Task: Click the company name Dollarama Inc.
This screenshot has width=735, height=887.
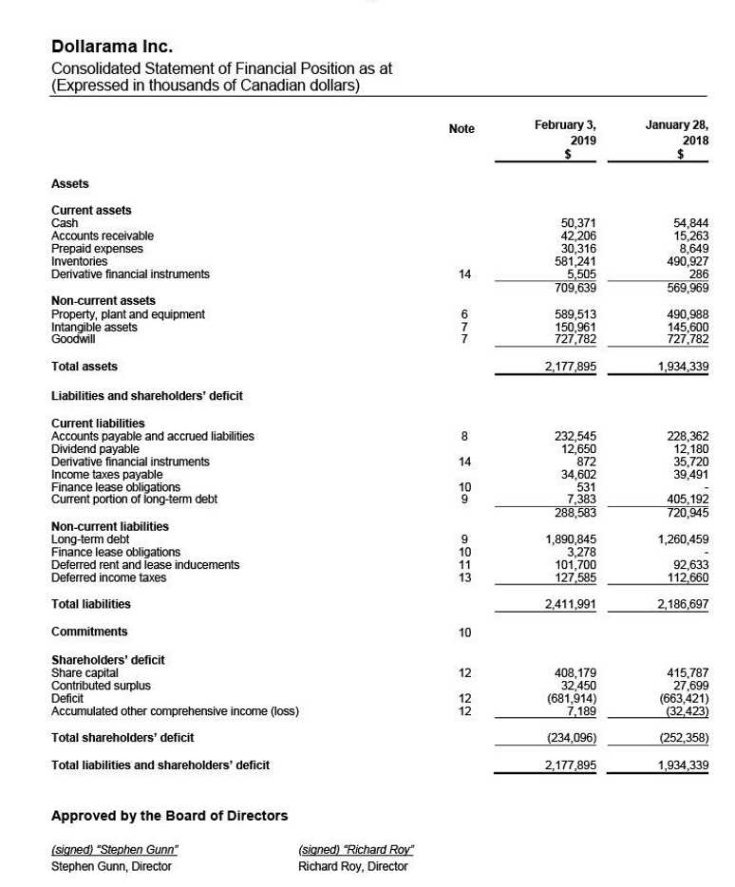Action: tap(112, 47)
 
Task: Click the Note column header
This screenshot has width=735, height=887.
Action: tap(462, 129)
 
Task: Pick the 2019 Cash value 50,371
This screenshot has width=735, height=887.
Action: tap(578, 223)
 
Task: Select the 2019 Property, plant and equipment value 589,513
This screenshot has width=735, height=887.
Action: tap(575, 314)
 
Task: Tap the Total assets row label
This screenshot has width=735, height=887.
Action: tap(85, 367)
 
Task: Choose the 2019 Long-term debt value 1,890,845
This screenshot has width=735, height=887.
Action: tap(571, 539)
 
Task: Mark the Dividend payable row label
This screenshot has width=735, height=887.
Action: tap(95, 449)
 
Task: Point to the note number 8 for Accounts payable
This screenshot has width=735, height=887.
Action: tap(464, 437)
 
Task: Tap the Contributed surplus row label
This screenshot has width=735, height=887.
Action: tap(101, 686)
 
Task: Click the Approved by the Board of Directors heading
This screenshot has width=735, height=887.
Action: tap(169, 816)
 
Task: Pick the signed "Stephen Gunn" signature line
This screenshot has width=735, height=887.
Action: tap(114, 850)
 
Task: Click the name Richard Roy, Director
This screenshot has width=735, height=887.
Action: tap(352, 866)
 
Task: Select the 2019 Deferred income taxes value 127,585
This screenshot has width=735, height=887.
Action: tap(575, 577)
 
